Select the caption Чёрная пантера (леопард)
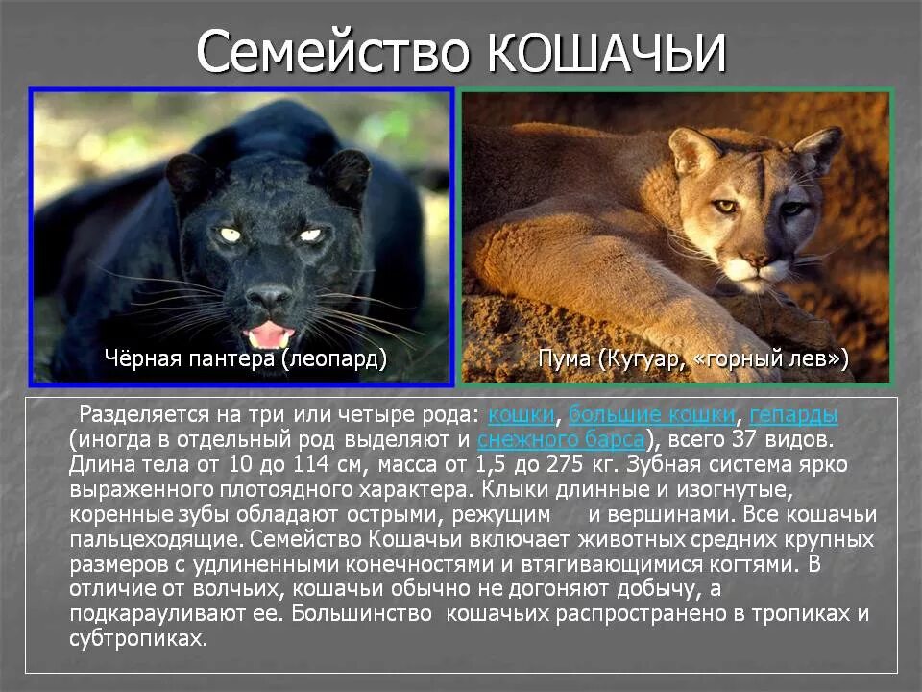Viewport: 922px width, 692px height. pos(245,359)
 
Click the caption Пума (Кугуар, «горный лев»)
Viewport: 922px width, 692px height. pos(692,359)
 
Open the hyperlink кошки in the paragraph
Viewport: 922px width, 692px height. pos(522,415)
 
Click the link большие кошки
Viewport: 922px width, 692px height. pos(652,415)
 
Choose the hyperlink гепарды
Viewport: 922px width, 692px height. pos(793,415)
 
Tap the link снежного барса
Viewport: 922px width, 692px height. pos(560,440)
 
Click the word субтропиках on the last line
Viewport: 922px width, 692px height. pos(137,639)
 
